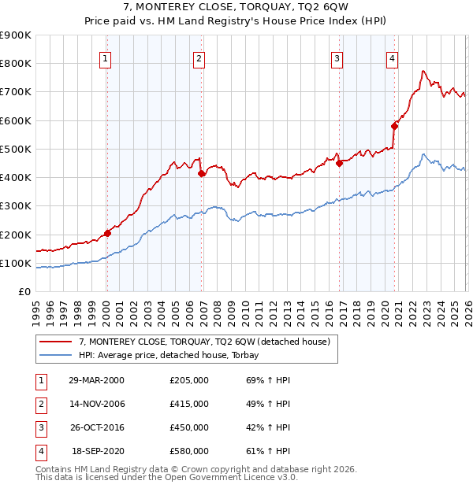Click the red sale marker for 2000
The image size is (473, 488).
click(107, 233)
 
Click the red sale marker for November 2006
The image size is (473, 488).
click(201, 173)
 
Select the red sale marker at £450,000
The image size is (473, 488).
click(340, 164)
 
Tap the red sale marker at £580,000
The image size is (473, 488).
click(394, 126)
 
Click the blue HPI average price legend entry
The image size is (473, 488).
click(174, 356)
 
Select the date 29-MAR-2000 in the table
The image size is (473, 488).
click(96, 380)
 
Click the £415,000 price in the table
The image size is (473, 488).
click(189, 404)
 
